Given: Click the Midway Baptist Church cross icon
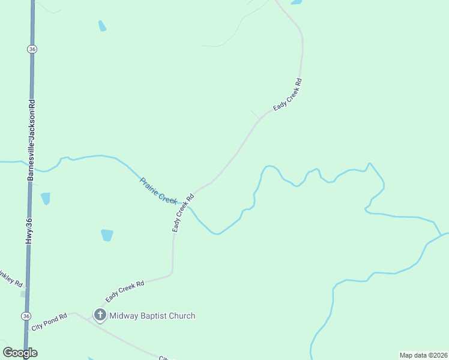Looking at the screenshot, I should point(100,315).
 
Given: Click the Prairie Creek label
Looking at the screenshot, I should point(158,190).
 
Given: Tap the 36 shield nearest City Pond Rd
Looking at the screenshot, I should point(25,316).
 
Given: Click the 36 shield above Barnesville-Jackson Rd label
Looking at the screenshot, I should point(32,50).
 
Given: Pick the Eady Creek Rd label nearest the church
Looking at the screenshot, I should point(125,291).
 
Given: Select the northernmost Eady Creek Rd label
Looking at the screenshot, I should point(288,94).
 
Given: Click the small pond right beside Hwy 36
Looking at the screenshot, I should point(45,198).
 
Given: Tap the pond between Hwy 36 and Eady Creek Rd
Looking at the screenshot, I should point(107,235).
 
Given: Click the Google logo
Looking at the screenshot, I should point(20,353).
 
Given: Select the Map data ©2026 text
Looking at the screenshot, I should point(423,355).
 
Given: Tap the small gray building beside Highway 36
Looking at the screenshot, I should point(23,294).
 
